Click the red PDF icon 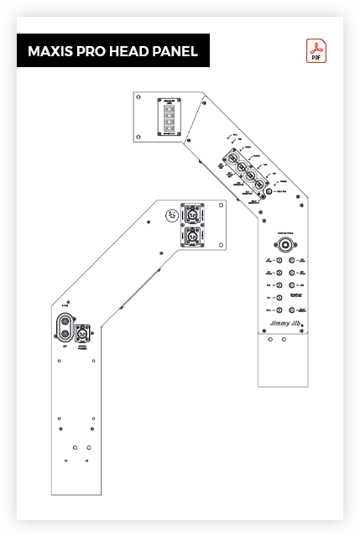[x=316, y=52]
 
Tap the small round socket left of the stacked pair [x=170, y=215]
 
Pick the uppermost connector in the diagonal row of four [x=231, y=157]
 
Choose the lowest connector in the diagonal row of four [x=259, y=184]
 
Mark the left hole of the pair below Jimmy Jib [x=269, y=340]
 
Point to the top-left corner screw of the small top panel [x=138, y=97]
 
